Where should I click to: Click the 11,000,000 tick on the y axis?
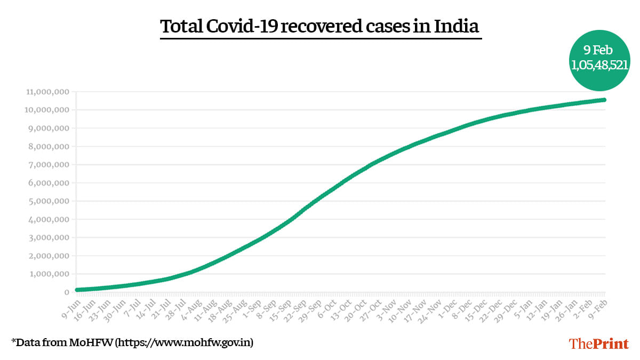(46, 92)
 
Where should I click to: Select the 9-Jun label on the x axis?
(70, 306)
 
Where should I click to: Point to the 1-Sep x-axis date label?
(251, 306)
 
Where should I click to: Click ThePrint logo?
(599, 343)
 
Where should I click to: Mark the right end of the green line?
(604, 100)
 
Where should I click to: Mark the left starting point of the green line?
(77, 290)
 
